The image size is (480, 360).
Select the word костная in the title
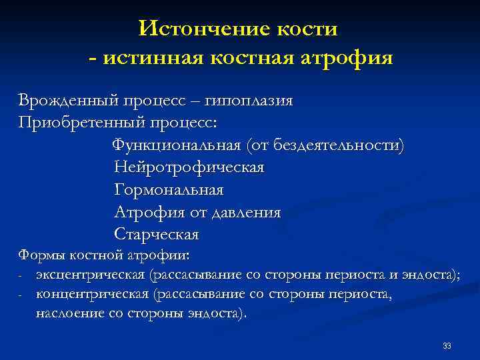pyautogui.click(x=253, y=58)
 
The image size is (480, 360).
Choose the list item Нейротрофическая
pyautogui.click(x=189, y=168)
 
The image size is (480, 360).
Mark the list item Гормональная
pyautogui.click(x=169, y=190)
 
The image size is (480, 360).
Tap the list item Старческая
pyautogui.click(x=157, y=235)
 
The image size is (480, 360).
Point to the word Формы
pyautogui.click(x=39, y=255)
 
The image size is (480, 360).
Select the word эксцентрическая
pyautogui.click(x=91, y=275)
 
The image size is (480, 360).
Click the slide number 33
pyautogui.click(x=447, y=345)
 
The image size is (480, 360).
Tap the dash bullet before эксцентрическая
pyautogui.click(x=21, y=275)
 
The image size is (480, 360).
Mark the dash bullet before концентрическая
pyautogui.click(x=21, y=295)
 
